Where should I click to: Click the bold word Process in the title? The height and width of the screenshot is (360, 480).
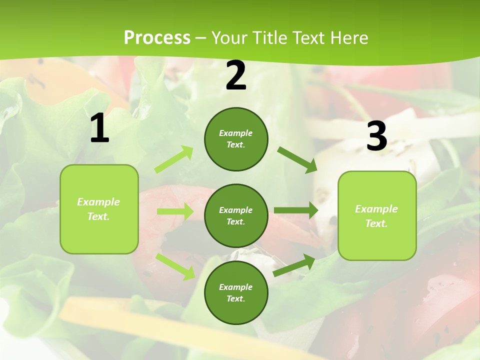[x=157, y=38]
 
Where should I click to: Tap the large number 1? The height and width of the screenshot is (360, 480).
[x=99, y=128]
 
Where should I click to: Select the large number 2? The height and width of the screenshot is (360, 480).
[x=236, y=75]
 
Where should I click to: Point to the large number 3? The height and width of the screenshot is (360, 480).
[x=376, y=135]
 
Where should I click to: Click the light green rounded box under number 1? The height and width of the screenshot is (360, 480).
[x=99, y=209]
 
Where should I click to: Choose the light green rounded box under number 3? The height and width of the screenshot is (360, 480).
[x=377, y=215]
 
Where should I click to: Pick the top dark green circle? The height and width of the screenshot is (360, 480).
[x=236, y=139]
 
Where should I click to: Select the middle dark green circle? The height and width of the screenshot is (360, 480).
[x=236, y=215]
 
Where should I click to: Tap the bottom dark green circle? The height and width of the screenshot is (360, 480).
[x=236, y=292]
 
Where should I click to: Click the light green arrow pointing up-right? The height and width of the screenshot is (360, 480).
[x=174, y=159]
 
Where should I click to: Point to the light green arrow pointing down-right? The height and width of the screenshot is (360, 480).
[x=175, y=266]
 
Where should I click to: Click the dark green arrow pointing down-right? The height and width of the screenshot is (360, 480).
[x=297, y=159]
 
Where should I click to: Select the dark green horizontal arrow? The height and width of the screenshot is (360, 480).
[x=295, y=210]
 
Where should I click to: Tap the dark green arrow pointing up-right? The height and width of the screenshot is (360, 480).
[x=294, y=265]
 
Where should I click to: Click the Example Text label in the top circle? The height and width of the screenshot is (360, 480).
[x=236, y=139]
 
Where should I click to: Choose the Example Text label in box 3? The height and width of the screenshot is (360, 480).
[x=376, y=216]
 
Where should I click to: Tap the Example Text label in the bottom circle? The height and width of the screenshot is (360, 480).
[x=236, y=293]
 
